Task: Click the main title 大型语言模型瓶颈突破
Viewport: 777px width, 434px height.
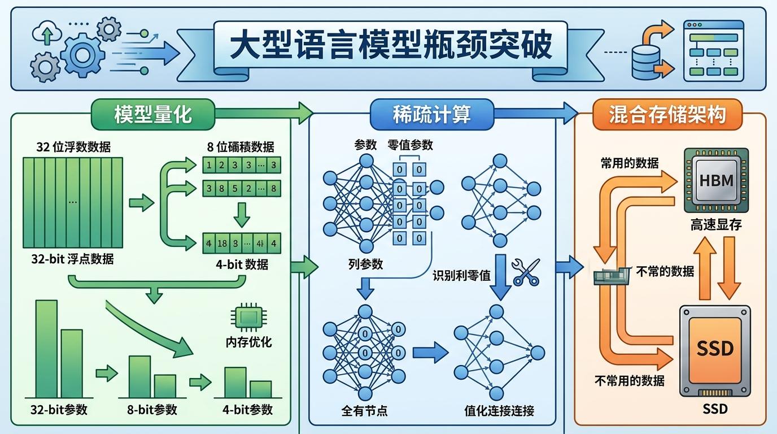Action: click(x=391, y=47)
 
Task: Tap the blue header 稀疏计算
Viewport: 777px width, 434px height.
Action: click(x=431, y=114)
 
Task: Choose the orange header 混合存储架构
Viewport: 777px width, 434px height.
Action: click(x=667, y=114)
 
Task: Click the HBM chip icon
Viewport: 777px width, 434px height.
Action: click(x=716, y=181)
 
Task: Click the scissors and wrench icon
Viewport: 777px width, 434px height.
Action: click(x=526, y=272)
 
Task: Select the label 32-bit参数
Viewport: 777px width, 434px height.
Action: click(x=59, y=409)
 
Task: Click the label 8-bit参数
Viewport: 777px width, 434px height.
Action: click(x=149, y=409)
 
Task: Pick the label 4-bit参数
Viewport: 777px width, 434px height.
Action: click(x=247, y=409)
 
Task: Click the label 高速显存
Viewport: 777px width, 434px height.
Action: click(x=716, y=225)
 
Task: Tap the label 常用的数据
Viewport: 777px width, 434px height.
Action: click(x=629, y=163)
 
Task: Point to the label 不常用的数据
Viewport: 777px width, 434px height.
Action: click(x=629, y=380)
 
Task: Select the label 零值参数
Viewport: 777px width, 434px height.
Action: click(x=411, y=145)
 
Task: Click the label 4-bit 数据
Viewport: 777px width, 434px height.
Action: click(x=242, y=264)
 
